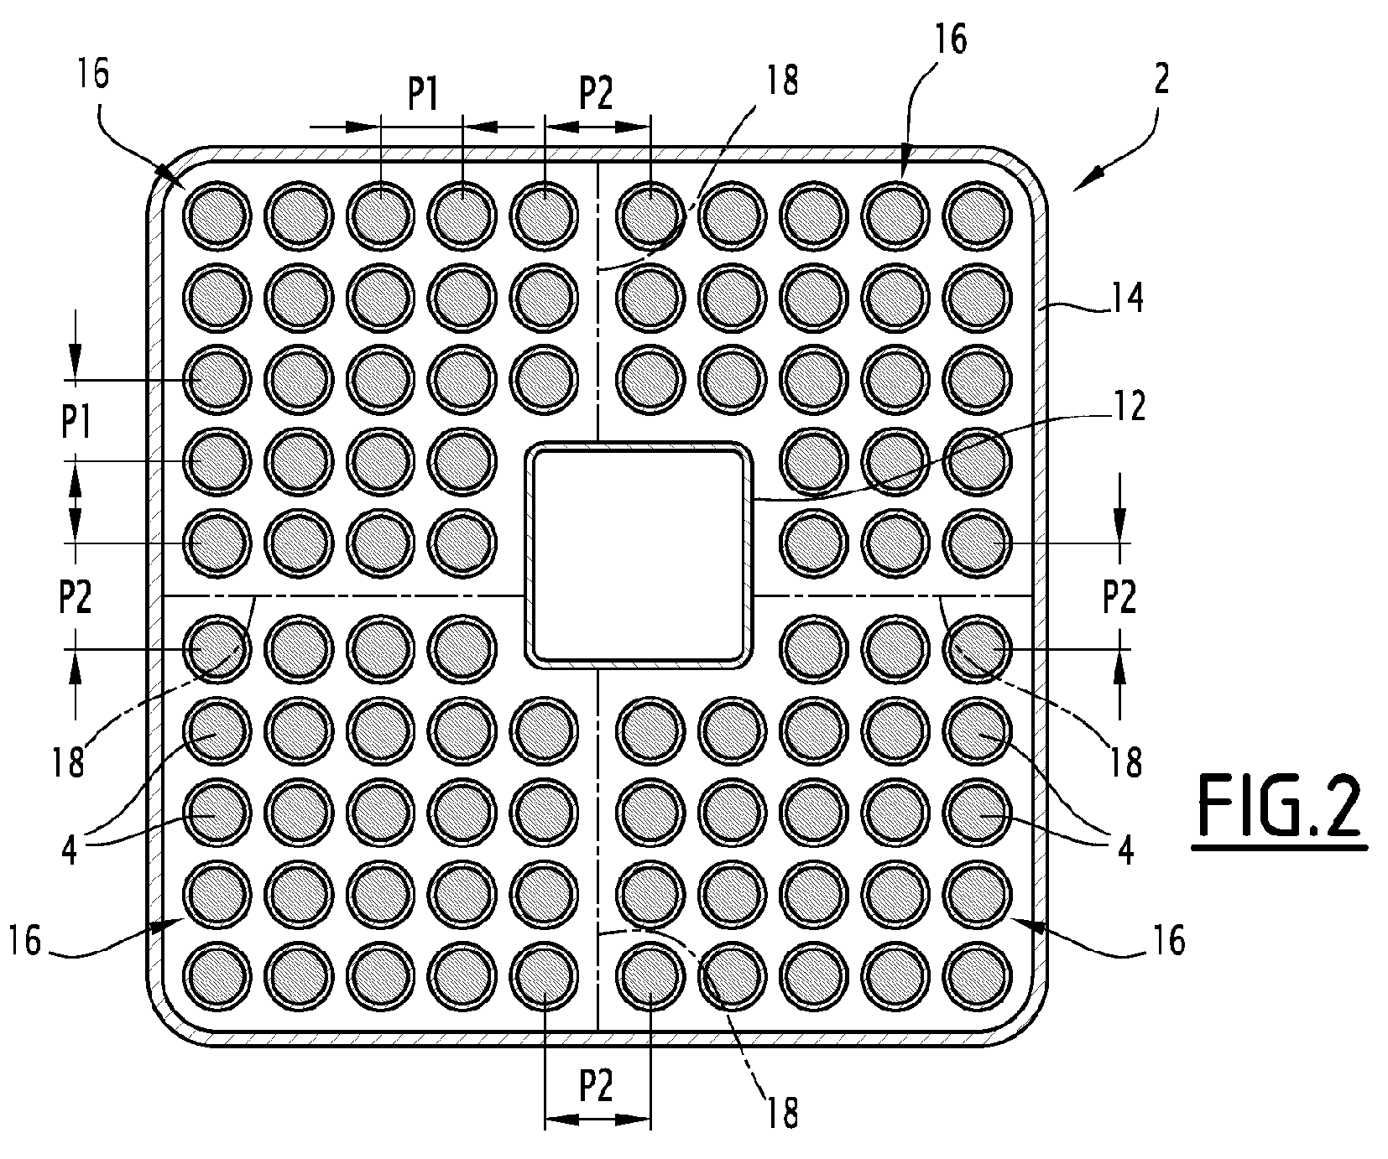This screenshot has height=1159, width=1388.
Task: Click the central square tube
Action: (x=638, y=556)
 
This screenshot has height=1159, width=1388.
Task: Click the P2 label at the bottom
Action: (x=596, y=1088)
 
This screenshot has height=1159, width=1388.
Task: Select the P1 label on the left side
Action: (x=76, y=424)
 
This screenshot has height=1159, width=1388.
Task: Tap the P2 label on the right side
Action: (x=1119, y=598)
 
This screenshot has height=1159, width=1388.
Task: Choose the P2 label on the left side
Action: (x=76, y=598)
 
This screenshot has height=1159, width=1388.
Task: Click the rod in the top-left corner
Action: (x=217, y=216)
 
